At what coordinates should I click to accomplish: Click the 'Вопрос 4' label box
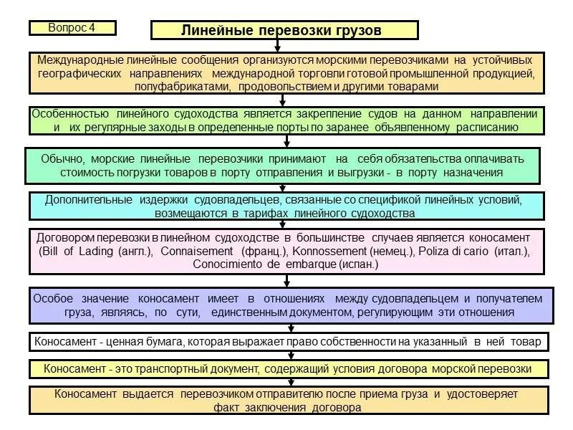pyautogui.click(x=72, y=28)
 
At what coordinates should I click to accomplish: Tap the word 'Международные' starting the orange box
pyautogui.click(x=78, y=60)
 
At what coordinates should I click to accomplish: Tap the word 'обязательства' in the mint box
pyautogui.click(x=400, y=158)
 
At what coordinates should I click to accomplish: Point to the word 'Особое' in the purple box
pyautogui.click(x=54, y=298)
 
